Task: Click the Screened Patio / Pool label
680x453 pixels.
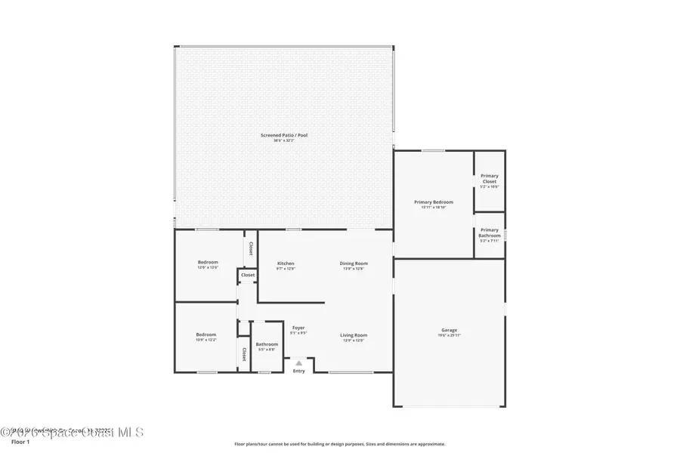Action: click(x=284, y=135)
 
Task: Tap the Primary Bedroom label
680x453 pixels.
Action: click(x=434, y=202)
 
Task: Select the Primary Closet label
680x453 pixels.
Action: click(x=490, y=179)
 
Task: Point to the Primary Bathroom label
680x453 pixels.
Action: click(x=490, y=233)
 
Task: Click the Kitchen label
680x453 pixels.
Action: click(x=286, y=263)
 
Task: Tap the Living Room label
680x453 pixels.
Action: click(x=354, y=334)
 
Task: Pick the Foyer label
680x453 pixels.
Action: click(x=298, y=327)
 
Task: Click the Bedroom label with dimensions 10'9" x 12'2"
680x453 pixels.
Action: click(x=206, y=334)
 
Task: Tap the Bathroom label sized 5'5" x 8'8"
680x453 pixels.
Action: click(x=267, y=344)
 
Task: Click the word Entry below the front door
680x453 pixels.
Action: click(x=299, y=371)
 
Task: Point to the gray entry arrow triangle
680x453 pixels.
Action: click(x=298, y=363)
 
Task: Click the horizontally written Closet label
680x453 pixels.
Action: click(x=248, y=275)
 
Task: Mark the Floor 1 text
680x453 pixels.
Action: click(x=20, y=442)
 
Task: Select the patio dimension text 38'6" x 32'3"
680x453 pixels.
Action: click(x=284, y=140)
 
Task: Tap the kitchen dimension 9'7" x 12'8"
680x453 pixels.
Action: click(x=286, y=268)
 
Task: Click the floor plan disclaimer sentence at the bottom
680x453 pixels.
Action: click(x=340, y=444)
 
